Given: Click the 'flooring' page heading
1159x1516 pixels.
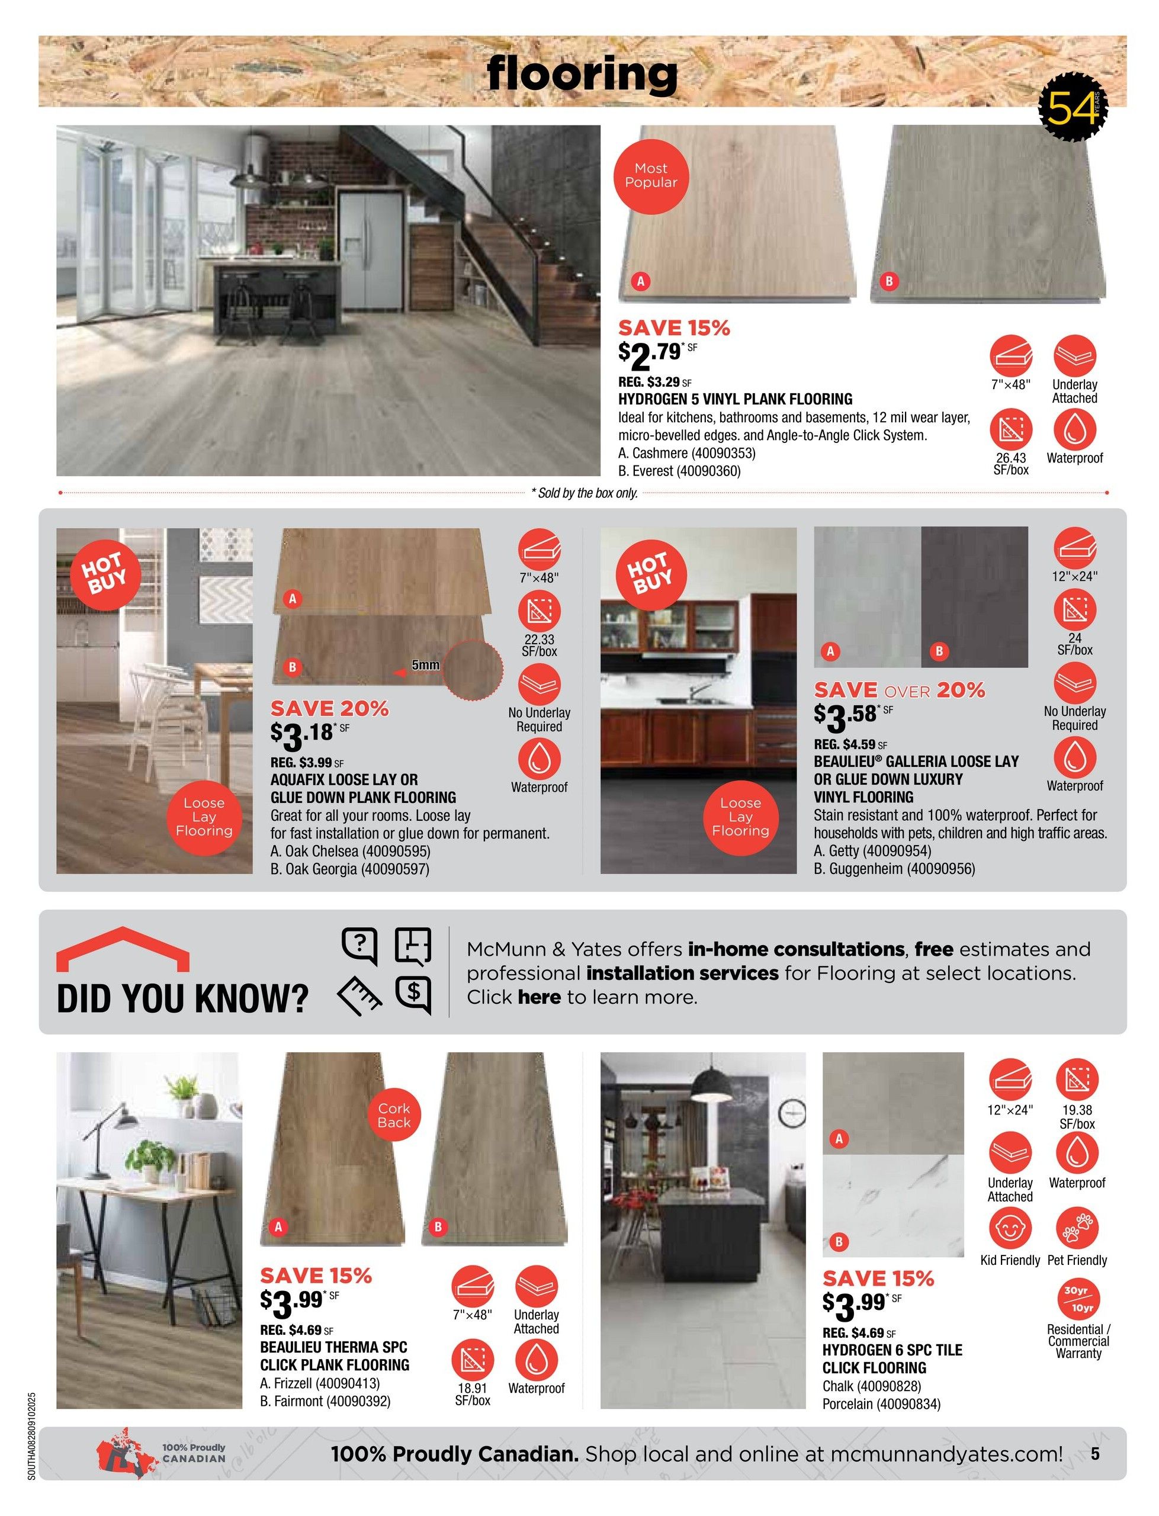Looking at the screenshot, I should tap(582, 74).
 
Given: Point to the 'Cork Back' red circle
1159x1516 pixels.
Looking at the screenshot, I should tap(393, 1115).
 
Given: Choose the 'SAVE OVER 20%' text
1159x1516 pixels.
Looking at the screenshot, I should tap(899, 690).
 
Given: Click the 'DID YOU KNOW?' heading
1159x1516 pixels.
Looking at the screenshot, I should tap(182, 998).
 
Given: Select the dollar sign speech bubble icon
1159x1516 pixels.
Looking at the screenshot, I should tap(413, 993).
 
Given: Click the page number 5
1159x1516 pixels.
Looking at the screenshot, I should tap(1095, 1454).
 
